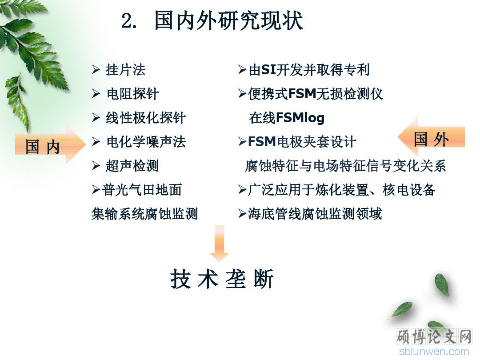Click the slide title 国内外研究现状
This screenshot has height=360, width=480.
coord(229,21)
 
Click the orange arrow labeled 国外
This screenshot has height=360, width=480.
coord(431,137)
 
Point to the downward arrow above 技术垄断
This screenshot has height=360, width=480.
coord(219,244)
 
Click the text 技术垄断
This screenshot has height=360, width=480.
coord(222,279)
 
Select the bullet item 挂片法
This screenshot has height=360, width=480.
coord(125,70)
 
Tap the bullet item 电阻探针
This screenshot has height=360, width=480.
coord(132,94)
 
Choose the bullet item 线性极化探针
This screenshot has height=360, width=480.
coord(146,118)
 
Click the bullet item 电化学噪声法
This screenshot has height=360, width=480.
coord(146,142)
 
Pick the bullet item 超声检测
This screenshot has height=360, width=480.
coord(132,166)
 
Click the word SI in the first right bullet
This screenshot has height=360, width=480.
coord(268,70)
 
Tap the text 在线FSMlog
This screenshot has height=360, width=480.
coord(287,118)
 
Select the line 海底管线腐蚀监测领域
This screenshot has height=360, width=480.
coord(315,214)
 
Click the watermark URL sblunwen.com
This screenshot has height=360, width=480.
coord(434,352)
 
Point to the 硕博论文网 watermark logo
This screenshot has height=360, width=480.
coord(434,337)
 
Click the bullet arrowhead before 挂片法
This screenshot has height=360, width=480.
coord(96,70)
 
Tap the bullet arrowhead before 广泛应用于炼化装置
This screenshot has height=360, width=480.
coord(242,190)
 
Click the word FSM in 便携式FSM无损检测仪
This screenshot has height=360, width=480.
coord(302,94)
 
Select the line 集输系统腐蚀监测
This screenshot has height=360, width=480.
coord(144,214)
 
